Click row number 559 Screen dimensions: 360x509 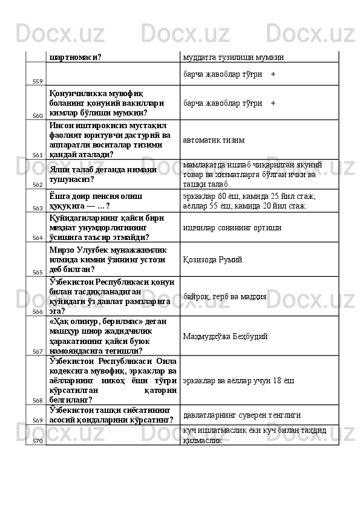[37, 81]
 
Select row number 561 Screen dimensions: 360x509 [37, 155]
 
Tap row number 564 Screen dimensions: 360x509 [37, 238]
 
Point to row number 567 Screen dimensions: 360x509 [37, 351]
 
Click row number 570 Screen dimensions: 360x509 [37, 441]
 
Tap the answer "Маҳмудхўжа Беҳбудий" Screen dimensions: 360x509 [226, 336]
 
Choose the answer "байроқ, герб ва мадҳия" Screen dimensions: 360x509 [223, 297]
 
